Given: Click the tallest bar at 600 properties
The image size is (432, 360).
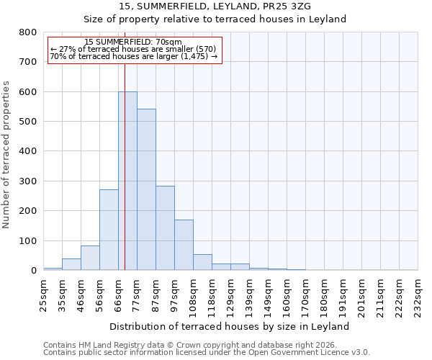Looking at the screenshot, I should (x=127, y=181).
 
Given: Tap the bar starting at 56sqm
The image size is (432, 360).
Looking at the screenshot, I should (x=109, y=230).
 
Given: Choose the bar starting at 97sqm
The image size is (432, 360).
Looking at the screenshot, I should (x=184, y=245).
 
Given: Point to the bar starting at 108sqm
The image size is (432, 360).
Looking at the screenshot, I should (x=202, y=262).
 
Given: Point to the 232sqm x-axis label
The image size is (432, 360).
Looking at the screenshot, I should (x=418, y=297).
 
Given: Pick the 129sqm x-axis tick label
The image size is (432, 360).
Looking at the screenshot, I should (x=230, y=297).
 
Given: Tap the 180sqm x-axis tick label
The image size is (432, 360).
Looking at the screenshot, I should (x=324, y=297).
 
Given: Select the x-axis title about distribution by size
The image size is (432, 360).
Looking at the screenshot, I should (x=230, y=326).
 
